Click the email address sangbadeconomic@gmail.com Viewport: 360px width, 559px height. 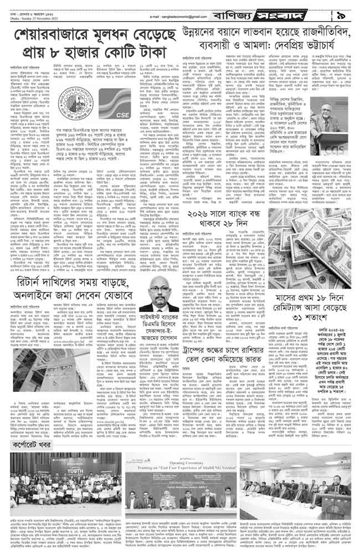click(172, 17)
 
